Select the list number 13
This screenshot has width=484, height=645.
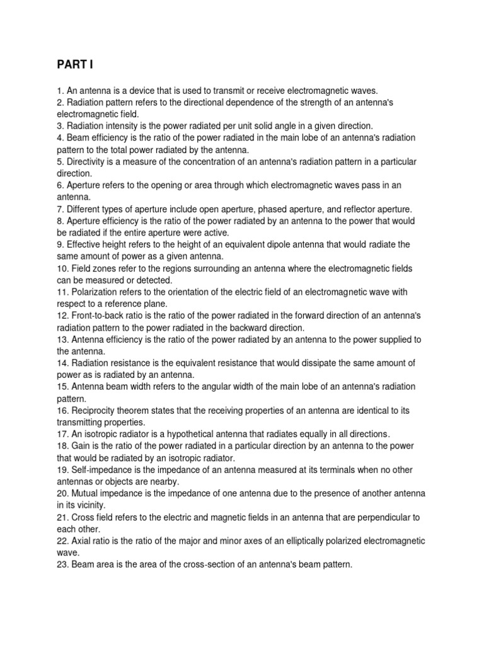coord(62,340)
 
